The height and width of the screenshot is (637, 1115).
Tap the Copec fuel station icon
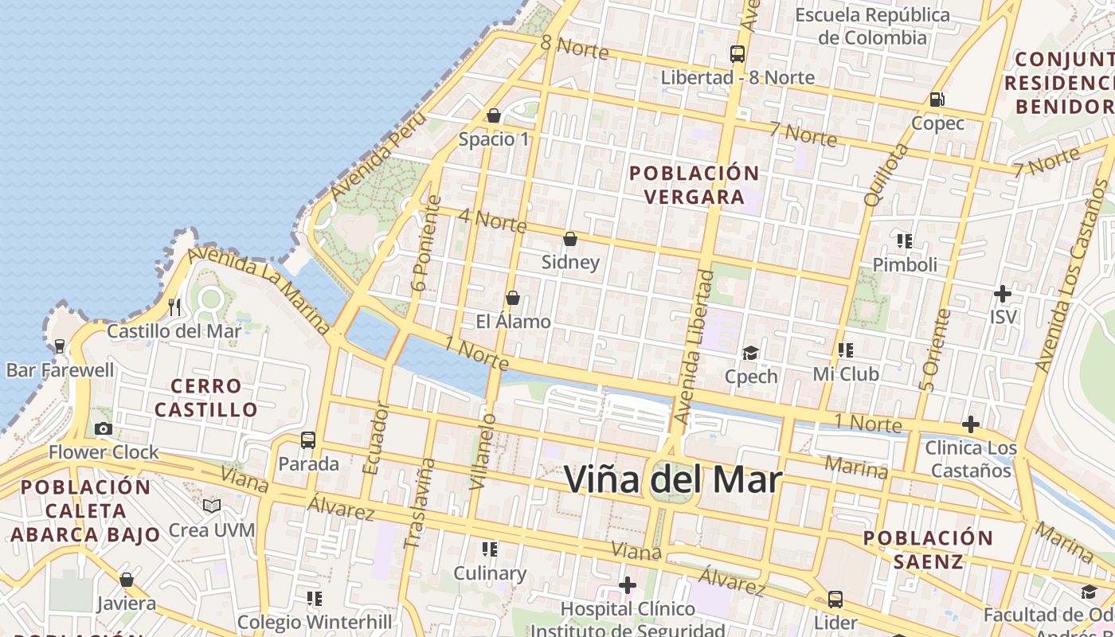point(937,100)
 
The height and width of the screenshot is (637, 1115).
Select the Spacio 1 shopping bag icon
point(494,115)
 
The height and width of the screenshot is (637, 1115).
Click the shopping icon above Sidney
point(570,238)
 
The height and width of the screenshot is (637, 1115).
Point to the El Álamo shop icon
point(513,298)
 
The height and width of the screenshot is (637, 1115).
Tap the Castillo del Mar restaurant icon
point(175,307)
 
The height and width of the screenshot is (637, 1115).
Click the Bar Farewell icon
point(60,346)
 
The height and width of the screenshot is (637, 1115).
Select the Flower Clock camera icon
point(103,428)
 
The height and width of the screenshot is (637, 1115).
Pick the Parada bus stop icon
point(308,440)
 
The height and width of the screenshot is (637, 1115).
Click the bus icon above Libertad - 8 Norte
point(737,54)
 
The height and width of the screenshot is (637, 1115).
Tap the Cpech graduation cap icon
point(750,352)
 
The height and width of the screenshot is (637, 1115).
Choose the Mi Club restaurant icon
point(846,350)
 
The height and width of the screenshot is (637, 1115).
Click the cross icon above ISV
point(1003,293)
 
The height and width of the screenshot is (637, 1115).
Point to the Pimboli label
point(905,264)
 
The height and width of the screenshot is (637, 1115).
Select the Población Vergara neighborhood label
point(694,185)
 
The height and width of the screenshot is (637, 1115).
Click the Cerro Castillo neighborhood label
point(206,398)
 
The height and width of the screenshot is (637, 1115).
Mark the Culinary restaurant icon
point(490,549)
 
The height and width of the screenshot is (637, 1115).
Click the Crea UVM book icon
point(212,506)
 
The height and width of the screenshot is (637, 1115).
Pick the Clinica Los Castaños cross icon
point(971,424)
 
